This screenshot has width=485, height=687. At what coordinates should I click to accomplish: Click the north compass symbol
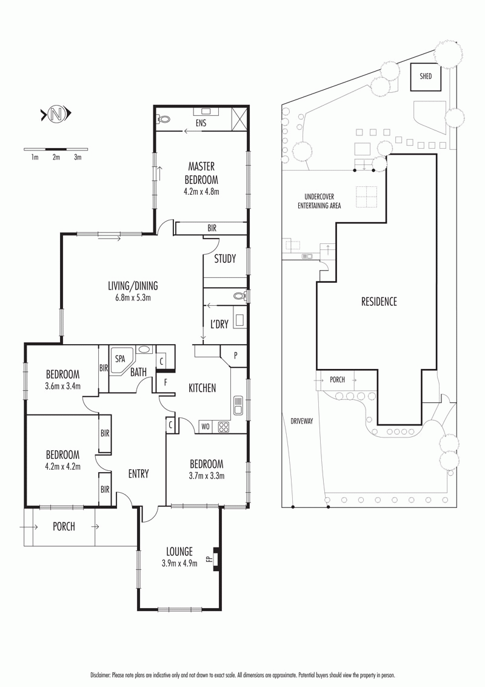56,114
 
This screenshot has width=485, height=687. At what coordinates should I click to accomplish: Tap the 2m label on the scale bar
56,157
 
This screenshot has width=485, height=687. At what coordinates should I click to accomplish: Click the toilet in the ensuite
164,119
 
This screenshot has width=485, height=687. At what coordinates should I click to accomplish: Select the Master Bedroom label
201,173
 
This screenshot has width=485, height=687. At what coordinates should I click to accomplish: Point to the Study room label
225,259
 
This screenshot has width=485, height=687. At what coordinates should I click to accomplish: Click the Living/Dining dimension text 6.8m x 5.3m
133,298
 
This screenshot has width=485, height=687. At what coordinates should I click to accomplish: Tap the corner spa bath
121,361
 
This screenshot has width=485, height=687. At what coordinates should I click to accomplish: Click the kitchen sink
239,405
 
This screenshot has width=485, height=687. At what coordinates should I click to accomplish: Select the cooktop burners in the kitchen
224,427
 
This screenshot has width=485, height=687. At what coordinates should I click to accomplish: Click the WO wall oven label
206,426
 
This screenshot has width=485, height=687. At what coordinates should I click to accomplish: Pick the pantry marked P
235,355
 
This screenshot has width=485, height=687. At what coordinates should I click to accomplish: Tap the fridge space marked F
166,382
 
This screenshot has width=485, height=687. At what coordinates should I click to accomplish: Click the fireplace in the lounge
216,560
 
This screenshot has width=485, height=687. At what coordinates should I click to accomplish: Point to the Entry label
138,473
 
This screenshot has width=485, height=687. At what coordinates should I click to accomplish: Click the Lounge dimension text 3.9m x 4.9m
179,563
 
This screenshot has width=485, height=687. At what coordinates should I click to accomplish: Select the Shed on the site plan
426,76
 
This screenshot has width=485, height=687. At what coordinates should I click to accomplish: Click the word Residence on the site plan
379,302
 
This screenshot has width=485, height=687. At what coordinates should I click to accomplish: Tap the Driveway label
302,421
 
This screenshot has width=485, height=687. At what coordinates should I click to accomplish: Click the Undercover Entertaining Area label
319,201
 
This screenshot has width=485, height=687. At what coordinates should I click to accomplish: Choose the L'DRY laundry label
219,324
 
